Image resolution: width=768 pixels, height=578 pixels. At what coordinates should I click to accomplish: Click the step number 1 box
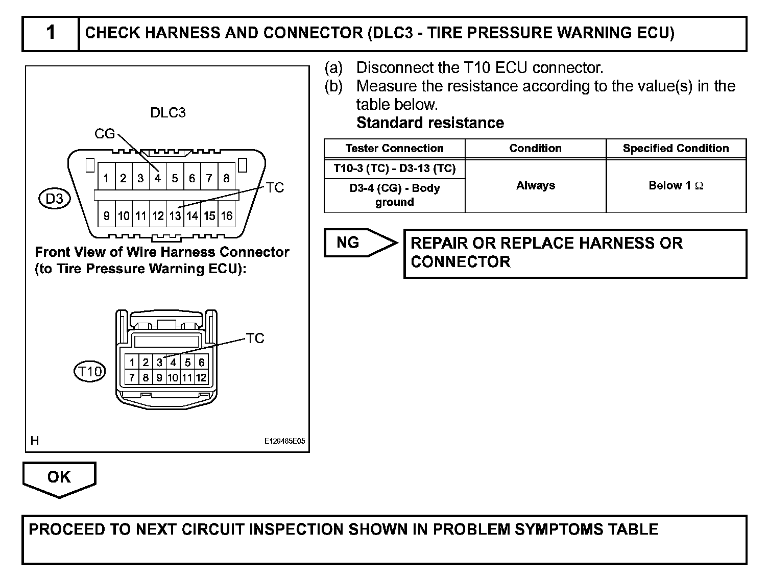pos(51,33)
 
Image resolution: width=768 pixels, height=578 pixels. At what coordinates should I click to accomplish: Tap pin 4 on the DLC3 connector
pos(158,178)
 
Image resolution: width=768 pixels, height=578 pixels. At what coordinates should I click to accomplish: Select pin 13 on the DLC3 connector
pos(175,216)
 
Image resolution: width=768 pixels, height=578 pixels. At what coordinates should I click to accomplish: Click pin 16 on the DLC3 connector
pos(226,216)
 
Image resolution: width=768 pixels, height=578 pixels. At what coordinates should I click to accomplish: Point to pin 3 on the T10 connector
pos(159,363)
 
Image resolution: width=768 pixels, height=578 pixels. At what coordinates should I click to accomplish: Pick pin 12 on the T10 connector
pos(201,378)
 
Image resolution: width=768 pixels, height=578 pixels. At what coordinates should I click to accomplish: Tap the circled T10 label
pos(90,371)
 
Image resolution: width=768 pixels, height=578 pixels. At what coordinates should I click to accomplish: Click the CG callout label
pos(105,134)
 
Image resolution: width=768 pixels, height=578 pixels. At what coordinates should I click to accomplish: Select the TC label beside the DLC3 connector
pos(274,188)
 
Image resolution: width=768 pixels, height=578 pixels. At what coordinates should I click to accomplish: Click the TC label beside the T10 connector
pos(255,339)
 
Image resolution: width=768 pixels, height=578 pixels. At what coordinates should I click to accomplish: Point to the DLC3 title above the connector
pos(167,113)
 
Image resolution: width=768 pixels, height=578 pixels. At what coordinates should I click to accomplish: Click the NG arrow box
pos(359,243)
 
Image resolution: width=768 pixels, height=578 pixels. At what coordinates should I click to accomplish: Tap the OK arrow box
pos(59,478)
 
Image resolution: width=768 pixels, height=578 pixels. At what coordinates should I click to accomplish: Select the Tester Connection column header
pos(394,149)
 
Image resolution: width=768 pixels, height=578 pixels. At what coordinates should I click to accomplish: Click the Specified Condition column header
pos(676,149)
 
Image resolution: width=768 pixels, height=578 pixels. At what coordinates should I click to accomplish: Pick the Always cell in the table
pos(535,185)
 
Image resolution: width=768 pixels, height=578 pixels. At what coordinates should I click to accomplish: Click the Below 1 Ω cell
pos(676,185)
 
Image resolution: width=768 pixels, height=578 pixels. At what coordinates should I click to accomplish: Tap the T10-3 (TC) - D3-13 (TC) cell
pos(394,168)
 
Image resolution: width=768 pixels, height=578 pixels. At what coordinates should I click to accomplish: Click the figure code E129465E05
pos(284,441)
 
